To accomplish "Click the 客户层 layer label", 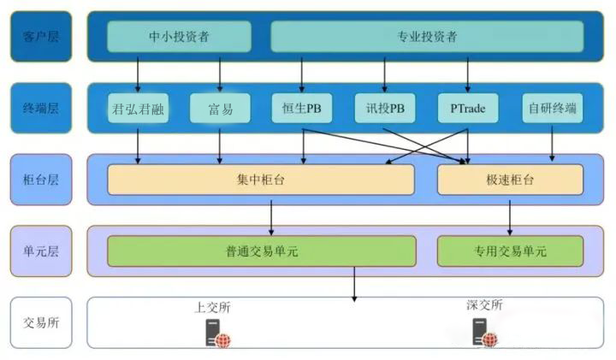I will click(40, 37).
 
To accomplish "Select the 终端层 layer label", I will click(40, 108).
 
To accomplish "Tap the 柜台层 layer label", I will click(40, 180).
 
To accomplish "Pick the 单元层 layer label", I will click(40, 251).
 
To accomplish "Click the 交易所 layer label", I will click(40, 322).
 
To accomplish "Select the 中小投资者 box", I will click(179, 37).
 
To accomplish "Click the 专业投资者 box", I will click(427, 37).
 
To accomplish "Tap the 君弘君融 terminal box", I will click(138, 109).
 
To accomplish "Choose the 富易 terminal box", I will click(221, 109).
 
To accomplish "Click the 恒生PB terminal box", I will click(301, 109).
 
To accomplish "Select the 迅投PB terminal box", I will click(384, 109).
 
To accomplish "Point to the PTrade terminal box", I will click(467, 109).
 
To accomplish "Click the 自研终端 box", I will click(552, 109).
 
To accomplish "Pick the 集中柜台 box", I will click(260, 180).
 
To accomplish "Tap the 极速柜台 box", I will click(510, 180).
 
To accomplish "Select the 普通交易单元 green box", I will click(261, 251).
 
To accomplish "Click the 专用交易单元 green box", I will click(510, 251).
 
